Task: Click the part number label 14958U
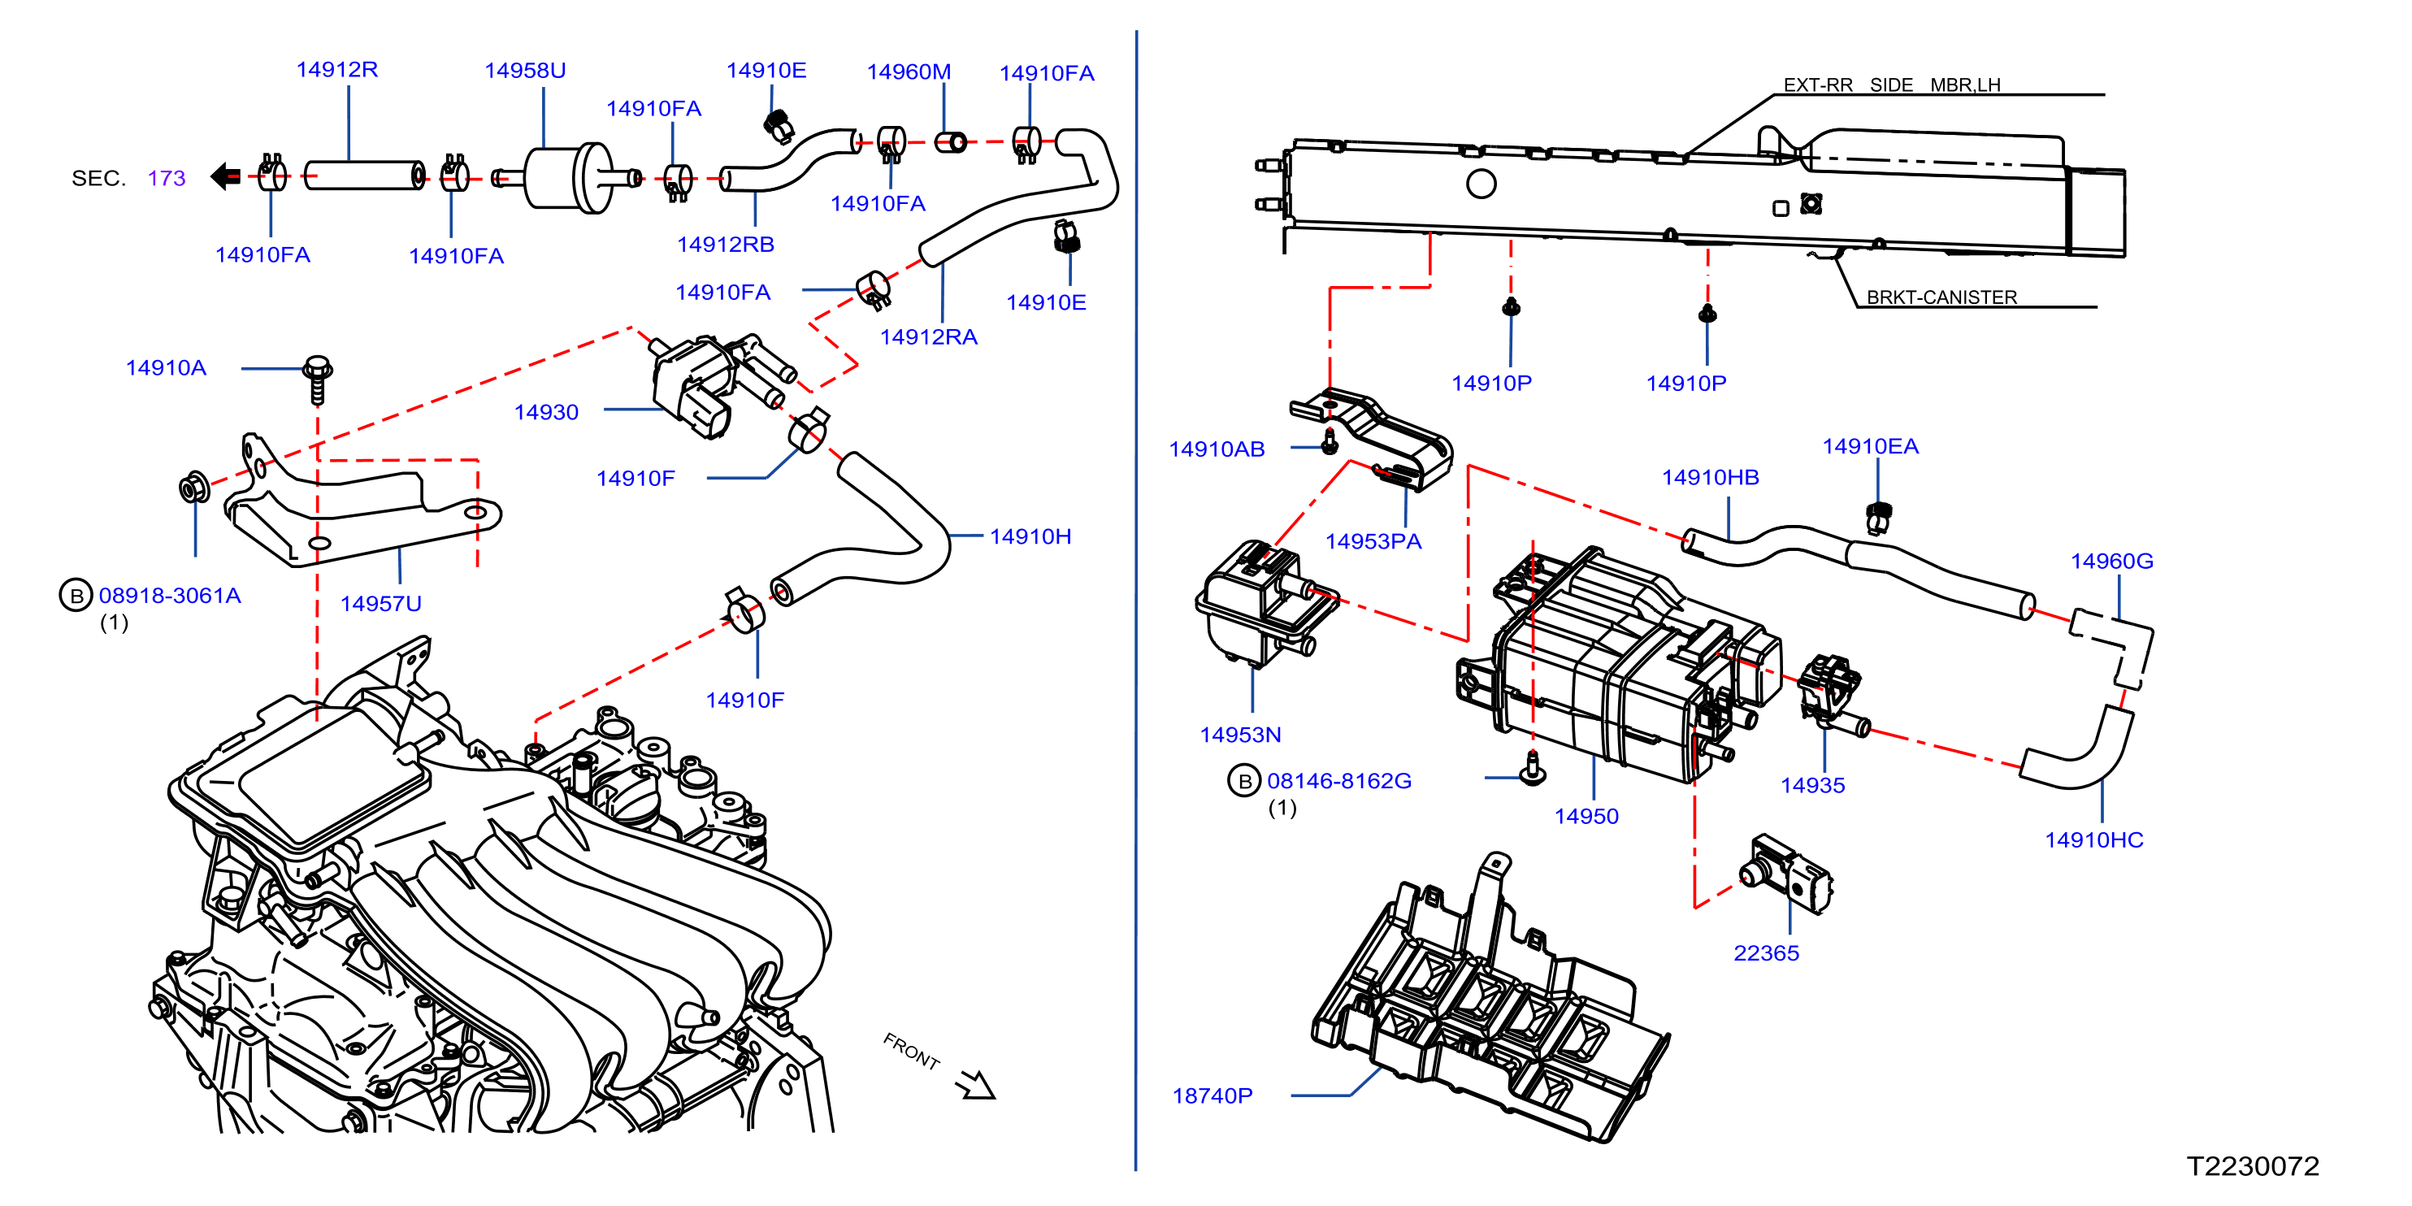coord(524,70)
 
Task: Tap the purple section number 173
coord(167,178)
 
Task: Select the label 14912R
coord(337,69)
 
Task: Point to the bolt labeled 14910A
coord(318,380)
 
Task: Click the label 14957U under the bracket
coord(380,604)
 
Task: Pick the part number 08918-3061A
coord(170,596)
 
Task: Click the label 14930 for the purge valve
coord(546,412)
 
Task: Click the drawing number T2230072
coord(2252,1165)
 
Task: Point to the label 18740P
coord(1212,1095)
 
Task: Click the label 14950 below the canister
coord(1586,817)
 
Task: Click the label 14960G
coord(2111,561)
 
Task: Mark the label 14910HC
coord(2093,840)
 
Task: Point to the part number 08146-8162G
coord(1339,781)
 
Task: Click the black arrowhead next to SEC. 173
coord(226,176)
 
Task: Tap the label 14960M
coord(909,72)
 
